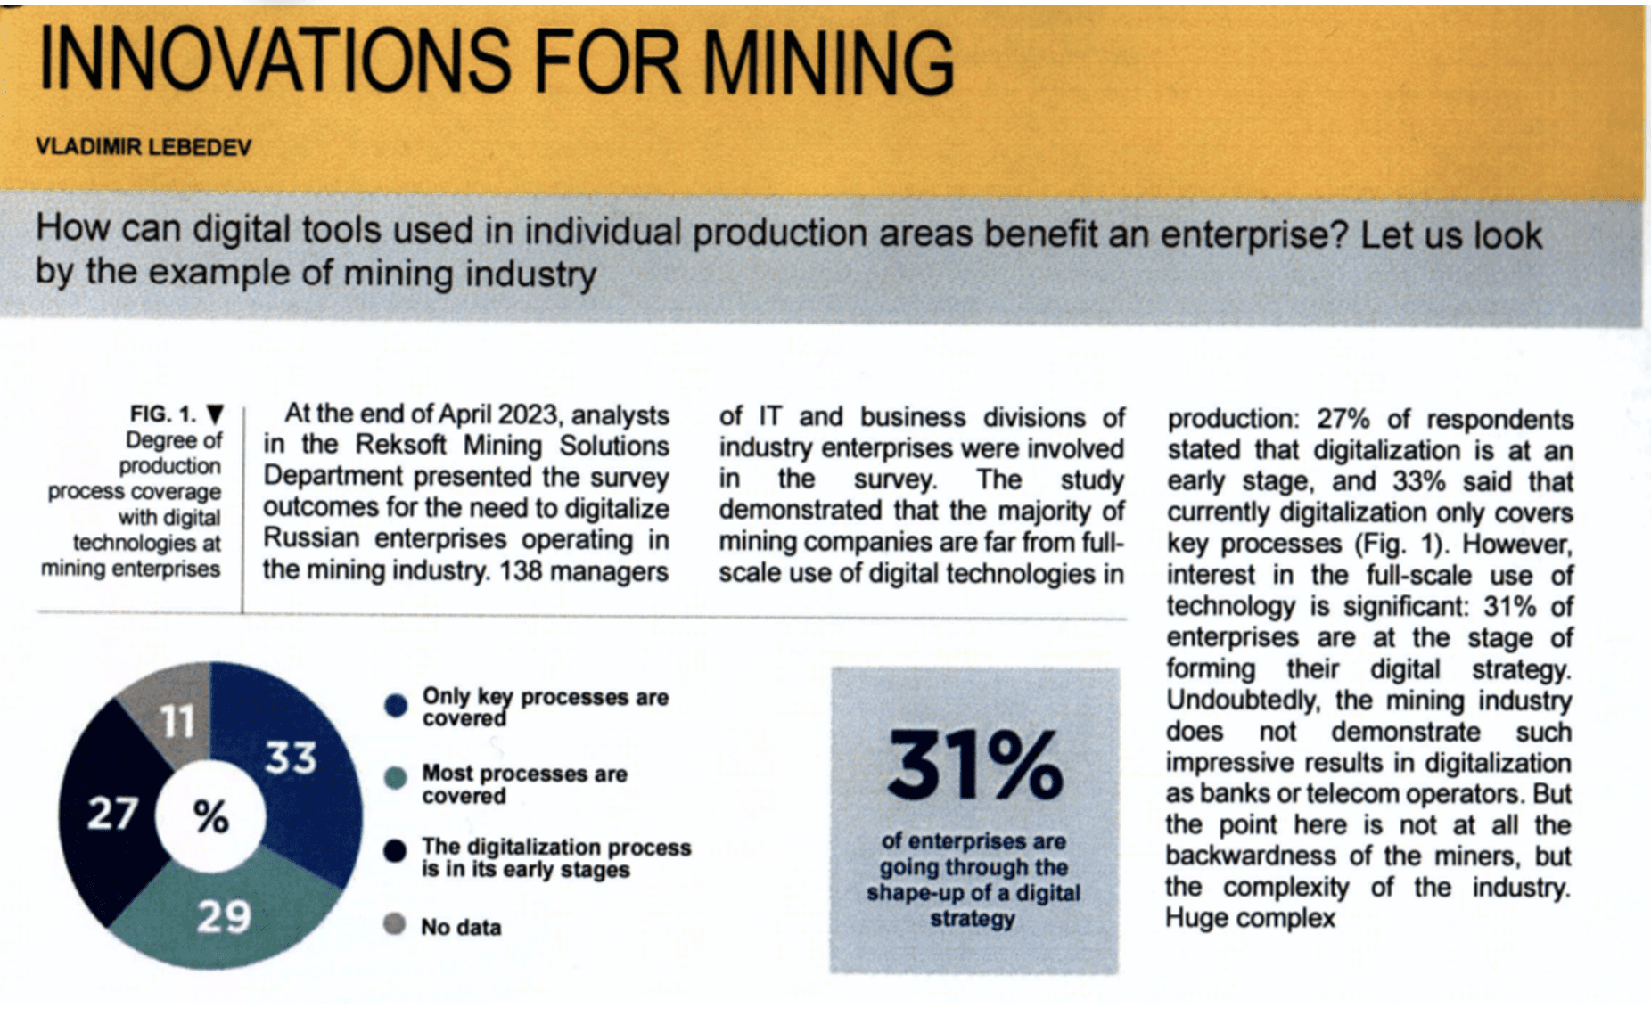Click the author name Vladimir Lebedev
pos(144,147)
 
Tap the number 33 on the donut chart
pos(291,758)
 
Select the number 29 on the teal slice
pos(224,916)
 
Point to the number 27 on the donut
pos(112,814)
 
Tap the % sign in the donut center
pos(211,815)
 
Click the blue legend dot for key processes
pos(396,706)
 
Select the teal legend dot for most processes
pos(396,778)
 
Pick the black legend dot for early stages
pos(395,851)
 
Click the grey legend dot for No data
pos(394,924)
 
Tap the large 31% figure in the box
pos(974,765)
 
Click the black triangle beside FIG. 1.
pos(215,414)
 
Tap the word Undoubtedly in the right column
pos(1243,701)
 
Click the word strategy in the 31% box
pos(973,919)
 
